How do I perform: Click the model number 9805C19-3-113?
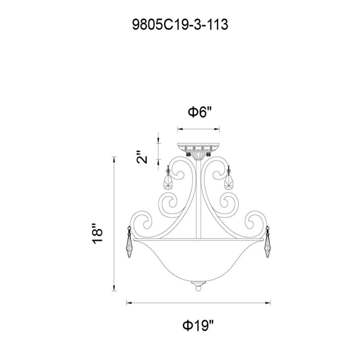[180, 24]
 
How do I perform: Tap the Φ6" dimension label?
[200, 112]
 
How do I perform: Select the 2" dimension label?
[142, 157]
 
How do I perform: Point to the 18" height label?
[97, 233]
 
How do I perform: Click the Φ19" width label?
[198, 325]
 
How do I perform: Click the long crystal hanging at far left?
[129, 242]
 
